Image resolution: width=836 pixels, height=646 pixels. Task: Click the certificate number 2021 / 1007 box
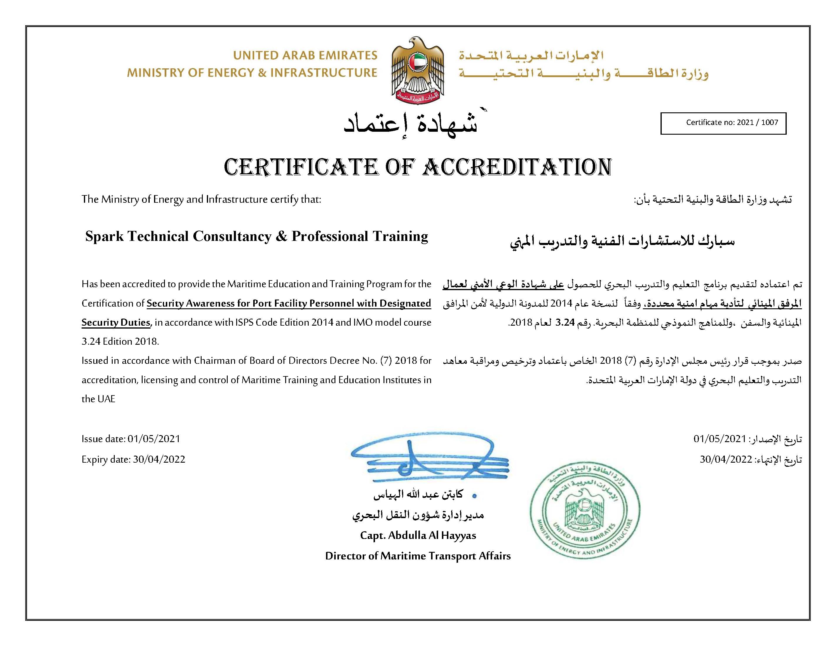[x=723, y=123]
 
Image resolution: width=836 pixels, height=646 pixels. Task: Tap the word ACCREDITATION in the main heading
[x=517, y=167]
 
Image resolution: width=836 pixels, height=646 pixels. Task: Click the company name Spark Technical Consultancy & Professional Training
[x=256, y=236]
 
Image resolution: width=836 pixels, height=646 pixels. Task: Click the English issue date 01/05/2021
[x=154, y=439]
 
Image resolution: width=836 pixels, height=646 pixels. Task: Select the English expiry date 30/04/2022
[x=159, y=459]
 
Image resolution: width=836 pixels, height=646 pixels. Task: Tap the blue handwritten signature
[x=425, y=459]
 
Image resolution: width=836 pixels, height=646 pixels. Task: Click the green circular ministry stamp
[x=585, y=510]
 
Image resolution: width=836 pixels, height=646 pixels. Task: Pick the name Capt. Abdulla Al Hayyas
[x=418, y=535]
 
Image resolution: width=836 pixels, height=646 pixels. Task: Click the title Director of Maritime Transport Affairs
[x=418, y=556]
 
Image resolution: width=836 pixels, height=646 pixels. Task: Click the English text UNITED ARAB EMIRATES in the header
[x=305, y=55]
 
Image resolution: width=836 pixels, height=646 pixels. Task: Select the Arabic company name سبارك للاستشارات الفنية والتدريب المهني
[x=622, y=241]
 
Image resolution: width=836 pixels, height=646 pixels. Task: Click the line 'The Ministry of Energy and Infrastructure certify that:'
[x=201, y=199]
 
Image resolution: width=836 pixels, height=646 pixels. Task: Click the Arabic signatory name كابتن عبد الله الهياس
[x=418, y=494]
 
